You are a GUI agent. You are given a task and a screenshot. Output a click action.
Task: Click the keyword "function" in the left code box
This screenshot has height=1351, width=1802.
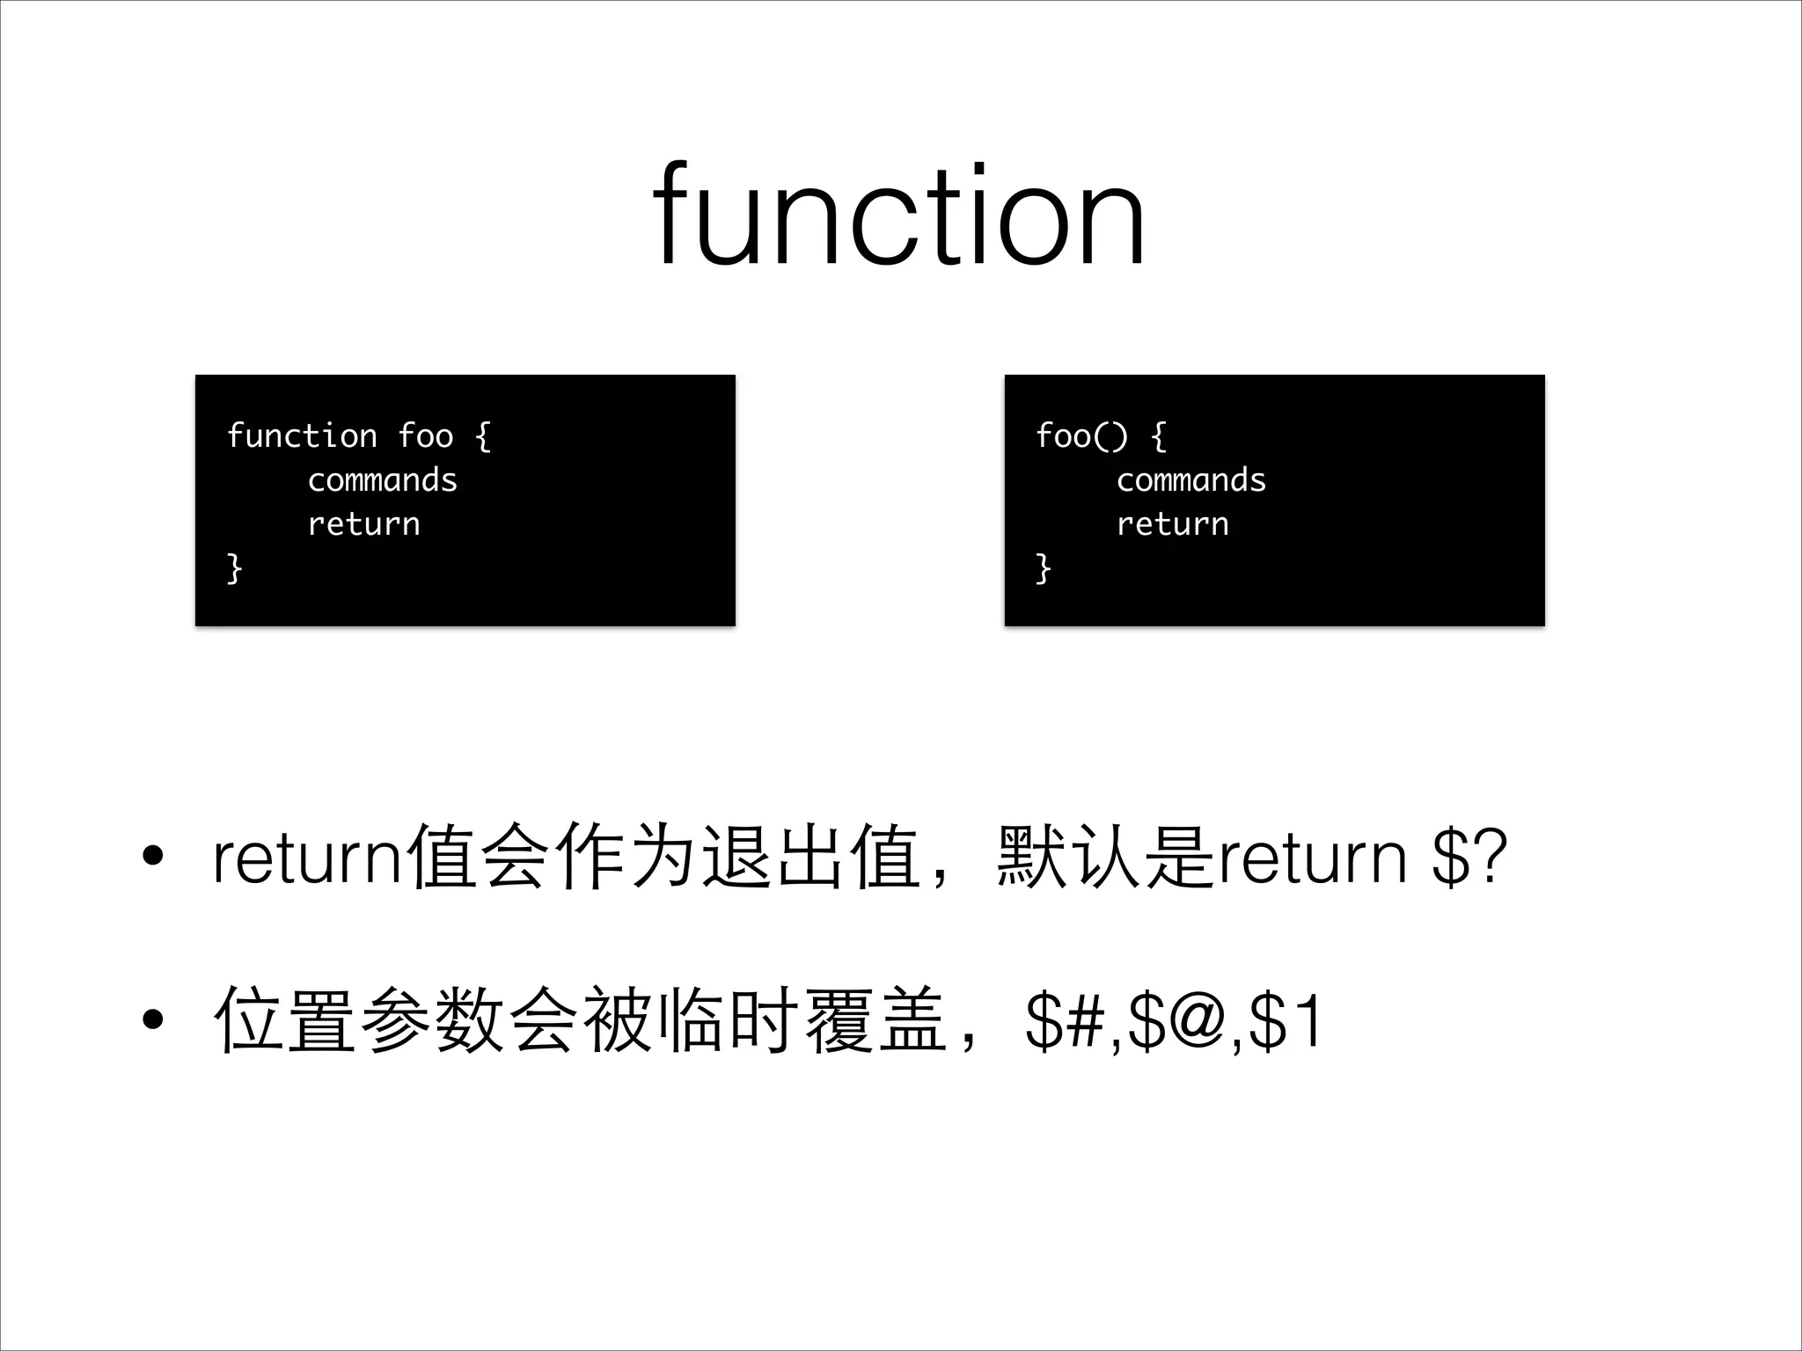302,435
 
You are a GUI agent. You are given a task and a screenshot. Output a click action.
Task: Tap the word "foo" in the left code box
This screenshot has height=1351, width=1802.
425,435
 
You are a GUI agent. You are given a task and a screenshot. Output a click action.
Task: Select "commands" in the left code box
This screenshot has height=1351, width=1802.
383,480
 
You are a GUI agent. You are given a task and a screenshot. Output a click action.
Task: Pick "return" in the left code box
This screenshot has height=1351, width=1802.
363,524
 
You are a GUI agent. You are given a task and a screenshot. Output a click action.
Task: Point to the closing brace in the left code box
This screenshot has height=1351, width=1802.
234,568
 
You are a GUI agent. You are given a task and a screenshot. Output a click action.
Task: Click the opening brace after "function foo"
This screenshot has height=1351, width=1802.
483,436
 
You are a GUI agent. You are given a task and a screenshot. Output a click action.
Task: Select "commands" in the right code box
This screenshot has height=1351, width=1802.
1191,480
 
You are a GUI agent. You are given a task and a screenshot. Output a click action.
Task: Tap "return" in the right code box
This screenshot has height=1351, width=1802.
1172,524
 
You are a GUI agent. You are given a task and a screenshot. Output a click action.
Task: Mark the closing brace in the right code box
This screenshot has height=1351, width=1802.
1043,568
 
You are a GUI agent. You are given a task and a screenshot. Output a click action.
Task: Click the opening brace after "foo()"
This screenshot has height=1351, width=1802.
1159,436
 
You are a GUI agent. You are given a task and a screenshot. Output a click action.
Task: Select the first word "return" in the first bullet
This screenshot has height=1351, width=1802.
308,858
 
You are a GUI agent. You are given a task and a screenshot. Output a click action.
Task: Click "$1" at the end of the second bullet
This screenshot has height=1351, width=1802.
1285,1022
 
